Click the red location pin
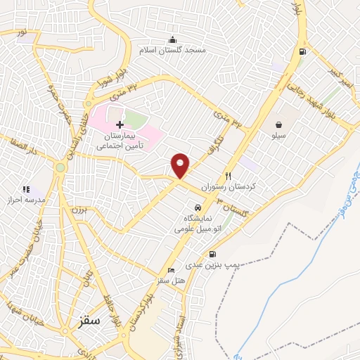pos(181,165)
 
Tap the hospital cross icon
pos(120,124)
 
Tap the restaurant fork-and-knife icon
pos(228,176)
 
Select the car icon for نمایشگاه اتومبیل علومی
pos(199,208)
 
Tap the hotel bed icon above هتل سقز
pos(171,271)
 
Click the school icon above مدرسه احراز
pos(26,188)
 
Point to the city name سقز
pos(87,321)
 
